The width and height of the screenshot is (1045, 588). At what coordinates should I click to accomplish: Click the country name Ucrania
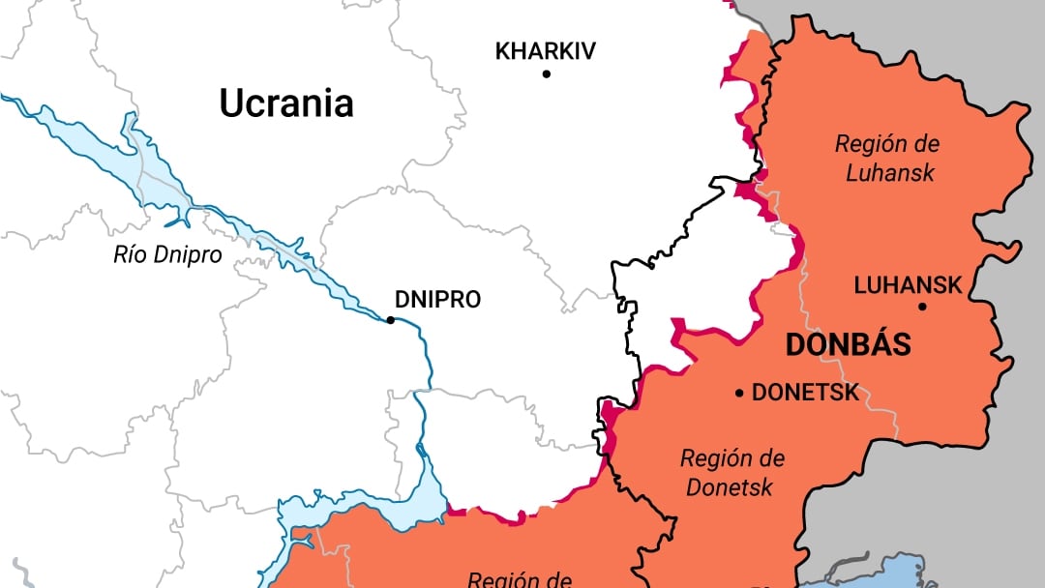pyautogui.click(x=285, y=103)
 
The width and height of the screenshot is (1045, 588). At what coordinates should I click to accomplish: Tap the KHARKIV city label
pyautogui.click(x=545, y=51)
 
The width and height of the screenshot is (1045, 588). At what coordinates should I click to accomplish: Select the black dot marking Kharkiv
pyautogui.click(x=546, y=73)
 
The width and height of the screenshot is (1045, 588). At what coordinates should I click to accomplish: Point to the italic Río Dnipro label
pyautogui.click(x=167, y=255)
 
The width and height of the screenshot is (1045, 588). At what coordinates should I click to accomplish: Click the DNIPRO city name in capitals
pyautogui.click(x=437, y=300)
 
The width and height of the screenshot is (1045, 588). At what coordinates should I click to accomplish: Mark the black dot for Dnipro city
pyautogui.click(x=390, y=320)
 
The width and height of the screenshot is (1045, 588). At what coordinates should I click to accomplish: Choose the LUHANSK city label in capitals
pyautogui.click(x=908, y=285)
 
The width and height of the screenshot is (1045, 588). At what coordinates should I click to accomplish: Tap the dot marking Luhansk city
pyautogui.click(x=922, y=307)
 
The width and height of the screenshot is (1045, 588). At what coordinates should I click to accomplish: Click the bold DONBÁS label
pyautogui.click(x=848, y=345)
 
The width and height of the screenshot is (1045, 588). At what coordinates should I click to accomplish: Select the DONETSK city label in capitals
pyautogui.click(x=805, y=393)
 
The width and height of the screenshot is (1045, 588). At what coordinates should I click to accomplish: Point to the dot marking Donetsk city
pyautogui.click(x=740, y=393)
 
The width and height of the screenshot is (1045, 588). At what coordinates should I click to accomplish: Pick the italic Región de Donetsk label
pyautogui.click(x=731, y=472)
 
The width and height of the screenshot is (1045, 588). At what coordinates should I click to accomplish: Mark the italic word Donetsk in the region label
pyautogui.click(x=731, y=486)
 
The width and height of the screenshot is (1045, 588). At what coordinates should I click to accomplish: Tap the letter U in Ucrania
pyautogui.click(x=230, y=103)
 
